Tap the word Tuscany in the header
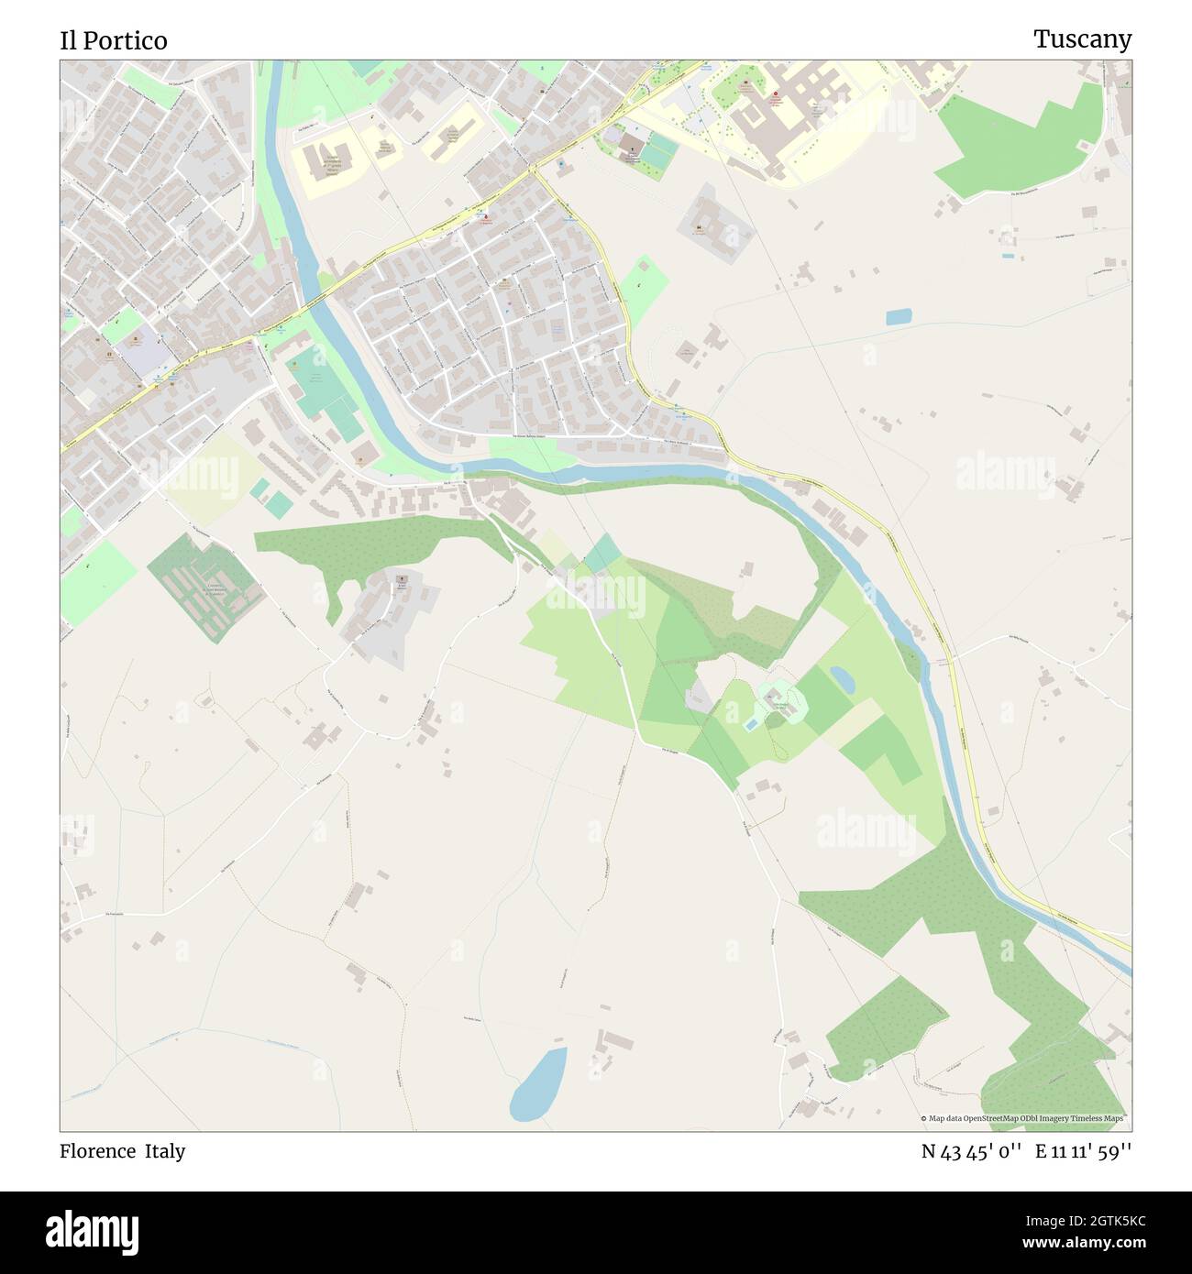point(1082,38)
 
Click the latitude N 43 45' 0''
point(973,1151)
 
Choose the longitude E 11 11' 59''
point(1084,1151)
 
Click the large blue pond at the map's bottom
point(538,1083)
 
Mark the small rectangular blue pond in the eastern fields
point(899,317)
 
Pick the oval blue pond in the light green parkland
point(841,679)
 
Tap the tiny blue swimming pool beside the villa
point(751,725)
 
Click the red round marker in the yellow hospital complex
point(778,94)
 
